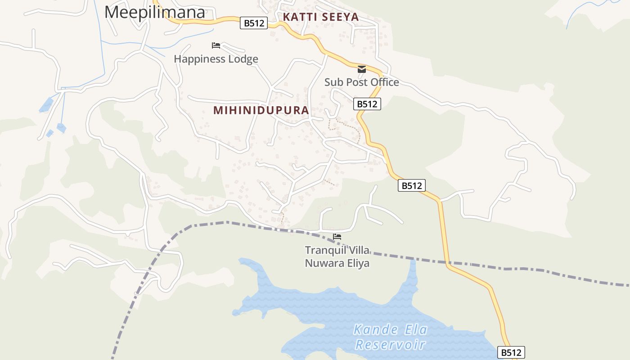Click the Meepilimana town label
pyautogui.click(x=155, y=12)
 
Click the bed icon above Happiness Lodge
pyautogui.click(x=216, y=45)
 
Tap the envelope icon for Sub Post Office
pyautogui.click(x=362, y=69)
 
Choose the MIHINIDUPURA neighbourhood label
pyautogui.click(x=261, y=110)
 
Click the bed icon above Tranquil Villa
pyautogui.click(x=337, y=237)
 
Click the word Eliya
pyautogui.click(x=358, y=263)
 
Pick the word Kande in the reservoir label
pyautogui.click(x=372, y=330)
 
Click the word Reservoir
pyautogui.click(x=391, y=345)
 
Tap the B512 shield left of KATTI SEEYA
pyautogui.click(x=254, y=23)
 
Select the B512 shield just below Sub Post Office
pyautogui.click(x=367, y=104)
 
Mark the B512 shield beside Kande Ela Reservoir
pyautogui.click(x=511, y=352)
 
